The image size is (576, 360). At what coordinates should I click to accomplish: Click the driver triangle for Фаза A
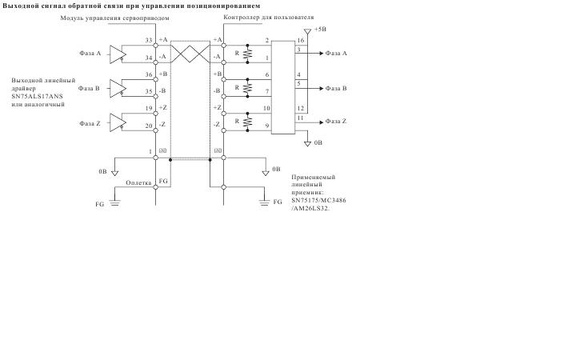[117, 54]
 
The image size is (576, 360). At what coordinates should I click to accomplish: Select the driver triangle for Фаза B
[117, 88]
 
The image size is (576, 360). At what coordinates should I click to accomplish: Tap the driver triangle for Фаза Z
[117, 122]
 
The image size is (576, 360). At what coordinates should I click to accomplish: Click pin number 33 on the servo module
[149, 41]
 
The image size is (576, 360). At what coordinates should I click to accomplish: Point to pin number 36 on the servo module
[149, 74]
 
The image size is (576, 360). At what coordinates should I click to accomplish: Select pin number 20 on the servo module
[149, 126]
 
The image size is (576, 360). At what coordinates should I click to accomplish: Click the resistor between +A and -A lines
[248, 54]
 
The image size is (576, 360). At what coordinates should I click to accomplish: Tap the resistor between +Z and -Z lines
[248, 122]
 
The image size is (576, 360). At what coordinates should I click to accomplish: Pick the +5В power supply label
[320, 30]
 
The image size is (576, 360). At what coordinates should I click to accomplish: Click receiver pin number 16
[301, 41]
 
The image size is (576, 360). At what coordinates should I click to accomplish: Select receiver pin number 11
[301, 118]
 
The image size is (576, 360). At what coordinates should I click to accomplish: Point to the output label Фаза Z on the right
[336, 122]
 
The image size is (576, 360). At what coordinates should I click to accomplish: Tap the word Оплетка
[138, 182]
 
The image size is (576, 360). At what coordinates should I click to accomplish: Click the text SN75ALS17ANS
[37, 96]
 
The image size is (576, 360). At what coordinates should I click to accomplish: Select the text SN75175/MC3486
[319, 201]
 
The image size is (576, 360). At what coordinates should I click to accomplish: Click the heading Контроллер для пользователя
[269, 18]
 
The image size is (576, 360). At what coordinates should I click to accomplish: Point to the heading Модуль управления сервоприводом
[114, 18]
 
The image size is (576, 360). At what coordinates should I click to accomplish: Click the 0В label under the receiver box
[318, 142]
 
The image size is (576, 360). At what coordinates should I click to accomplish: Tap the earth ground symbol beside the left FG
[114, 202]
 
